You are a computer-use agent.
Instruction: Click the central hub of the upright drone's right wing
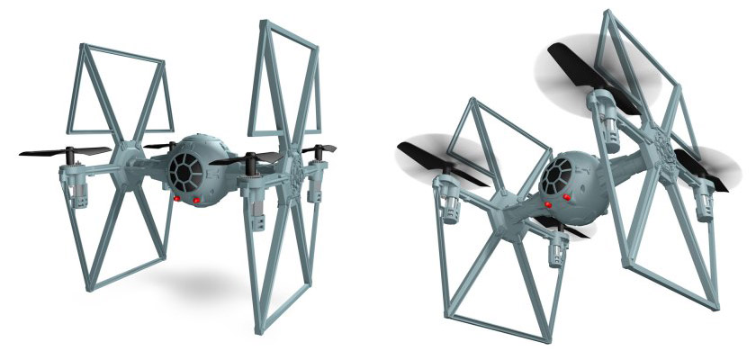(292, 166)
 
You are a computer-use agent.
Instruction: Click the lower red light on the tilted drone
(548, 206)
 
